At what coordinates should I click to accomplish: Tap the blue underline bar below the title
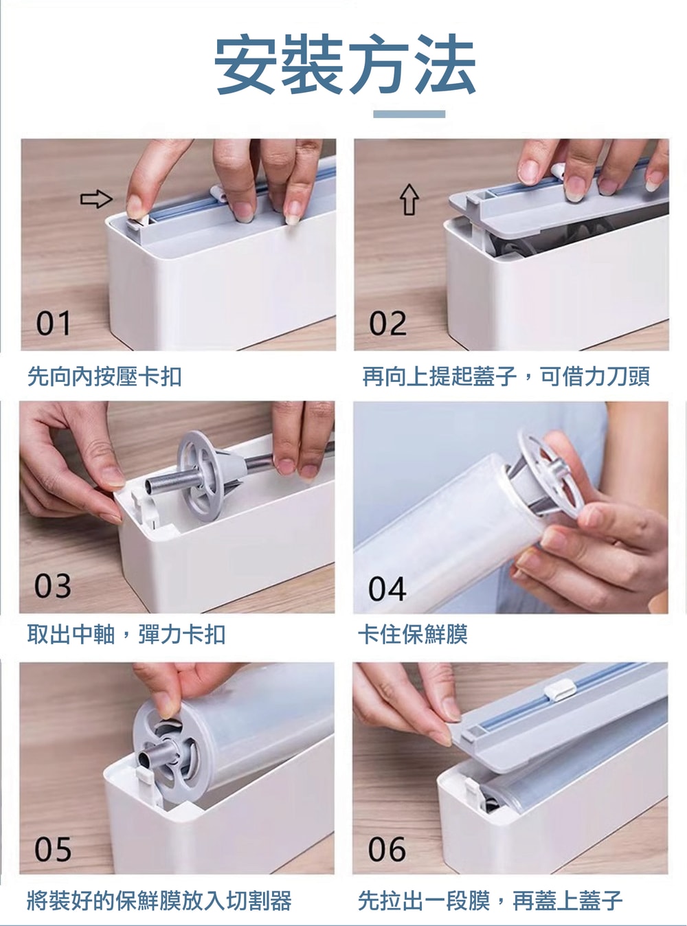tap(409, 114)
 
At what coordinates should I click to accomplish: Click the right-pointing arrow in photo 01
tap(96, 199)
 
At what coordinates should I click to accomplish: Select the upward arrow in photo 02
tap(409, 199)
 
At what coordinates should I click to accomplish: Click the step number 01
tap(54, 324)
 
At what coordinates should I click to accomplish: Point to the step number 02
tap(387, 324)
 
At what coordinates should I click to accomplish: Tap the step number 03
tap(53, 586)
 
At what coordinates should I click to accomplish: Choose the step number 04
tap(387, 589)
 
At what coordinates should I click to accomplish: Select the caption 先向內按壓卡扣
tap(104, 376)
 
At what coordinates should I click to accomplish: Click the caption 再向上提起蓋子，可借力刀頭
tap(506, 376)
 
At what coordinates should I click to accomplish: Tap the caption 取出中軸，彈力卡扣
tap(126, 635)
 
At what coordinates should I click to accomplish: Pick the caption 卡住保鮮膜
tap(413, 635)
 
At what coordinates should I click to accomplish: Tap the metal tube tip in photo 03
tap(151, 486)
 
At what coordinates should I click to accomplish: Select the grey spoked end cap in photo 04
tap(546, 473)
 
